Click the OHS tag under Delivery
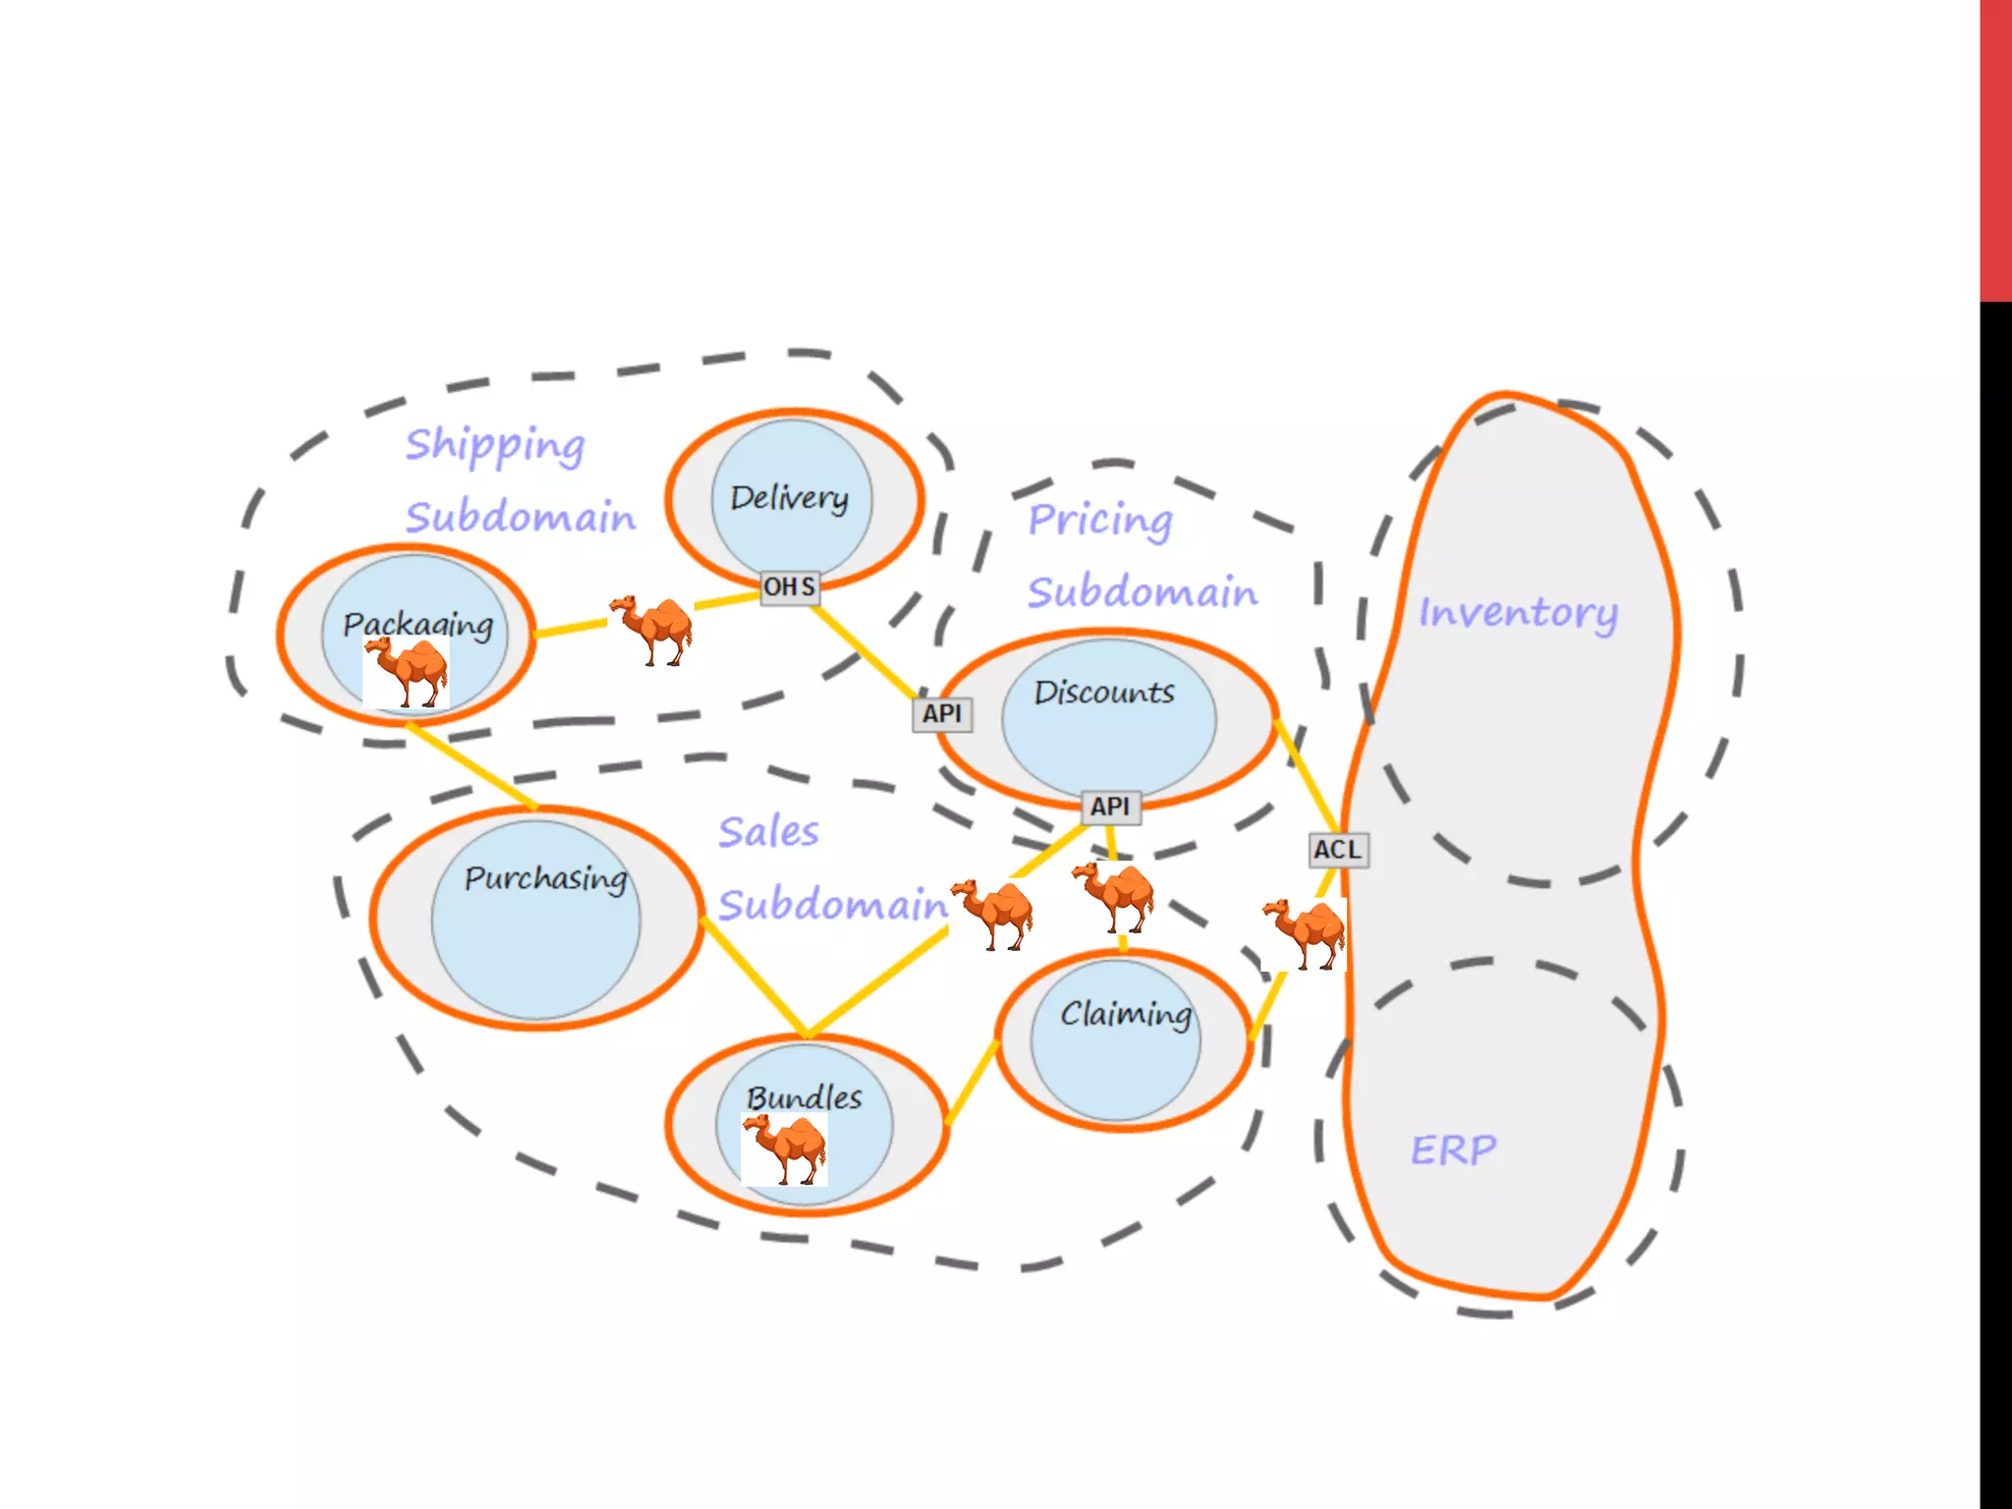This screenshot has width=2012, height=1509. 790,587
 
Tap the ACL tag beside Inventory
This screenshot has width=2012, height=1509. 1338,850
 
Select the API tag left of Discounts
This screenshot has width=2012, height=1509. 942,714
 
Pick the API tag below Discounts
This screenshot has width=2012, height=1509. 1110,807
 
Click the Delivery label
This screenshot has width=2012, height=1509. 789,498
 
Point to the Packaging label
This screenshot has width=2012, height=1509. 418,625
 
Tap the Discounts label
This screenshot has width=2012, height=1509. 1104,693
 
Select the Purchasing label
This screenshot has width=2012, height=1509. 545,878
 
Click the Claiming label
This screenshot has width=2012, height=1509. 1126,1013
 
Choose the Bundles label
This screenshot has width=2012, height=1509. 804,1097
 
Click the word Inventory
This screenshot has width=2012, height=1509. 1518,613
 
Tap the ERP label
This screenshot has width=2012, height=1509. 1454,1149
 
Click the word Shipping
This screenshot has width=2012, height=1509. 495,446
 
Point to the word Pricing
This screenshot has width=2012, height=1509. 1100,521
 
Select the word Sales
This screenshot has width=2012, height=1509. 768,832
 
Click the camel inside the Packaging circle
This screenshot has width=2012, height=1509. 406,672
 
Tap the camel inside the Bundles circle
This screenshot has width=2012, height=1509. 784,1148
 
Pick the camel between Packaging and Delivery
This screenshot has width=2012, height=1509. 650,629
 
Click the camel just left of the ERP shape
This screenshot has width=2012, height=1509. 1304,932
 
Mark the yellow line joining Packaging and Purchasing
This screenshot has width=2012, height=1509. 472,766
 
